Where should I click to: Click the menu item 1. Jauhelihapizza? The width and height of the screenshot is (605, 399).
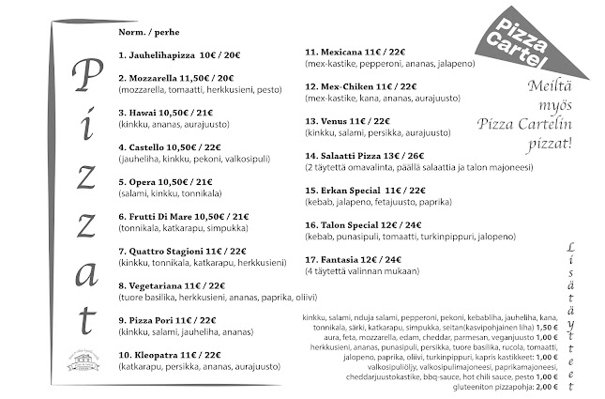pyautogui.click(x=179, y=55)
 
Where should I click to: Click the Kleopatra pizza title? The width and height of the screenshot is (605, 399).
pyautogui.click(x=170, y=355)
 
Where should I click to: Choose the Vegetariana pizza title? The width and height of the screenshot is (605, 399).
pyautogui.click(x=170, y=285)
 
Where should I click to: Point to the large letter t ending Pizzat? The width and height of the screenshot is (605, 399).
pyautogui.click(x=84, y=310)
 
